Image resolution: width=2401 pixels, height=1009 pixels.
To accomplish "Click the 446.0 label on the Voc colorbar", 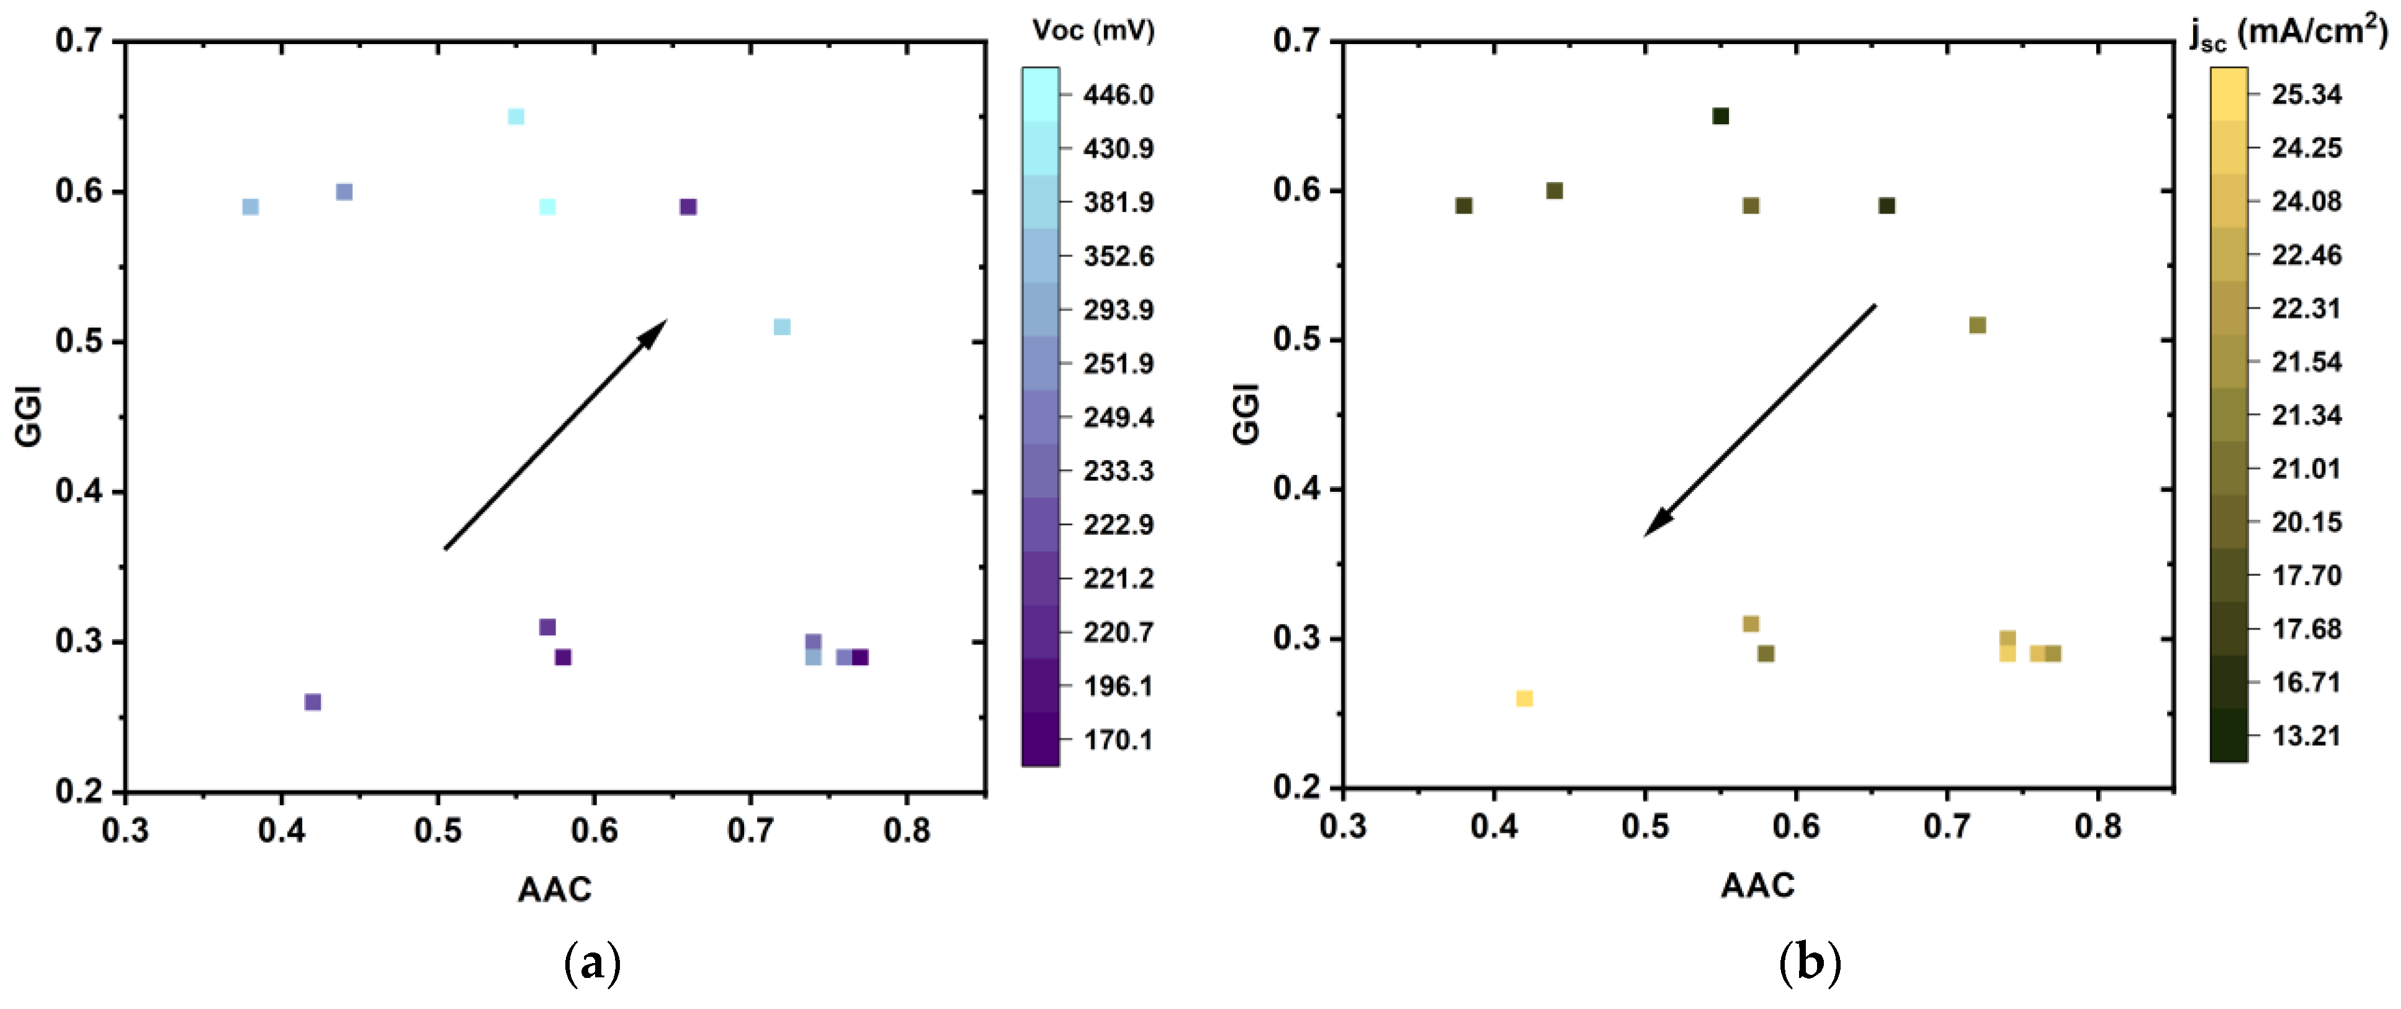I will point(1118,95).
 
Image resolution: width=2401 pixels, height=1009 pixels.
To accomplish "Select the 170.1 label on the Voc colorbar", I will point(1118,740).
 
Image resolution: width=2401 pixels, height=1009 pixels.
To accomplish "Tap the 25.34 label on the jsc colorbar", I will point(2306,94).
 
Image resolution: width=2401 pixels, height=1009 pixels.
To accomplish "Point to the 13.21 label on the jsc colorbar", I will point(2306,736).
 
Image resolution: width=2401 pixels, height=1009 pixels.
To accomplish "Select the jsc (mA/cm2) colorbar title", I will point(2288,33).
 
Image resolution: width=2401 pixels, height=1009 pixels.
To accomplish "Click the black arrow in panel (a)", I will point(555,435).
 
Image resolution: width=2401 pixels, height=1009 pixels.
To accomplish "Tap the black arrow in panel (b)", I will point(1760,420).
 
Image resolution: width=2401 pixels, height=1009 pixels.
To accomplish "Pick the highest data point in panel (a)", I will point(516,117).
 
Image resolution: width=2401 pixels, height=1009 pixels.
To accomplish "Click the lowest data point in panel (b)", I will point(1524,699).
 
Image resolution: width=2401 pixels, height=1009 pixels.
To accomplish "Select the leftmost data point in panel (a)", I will point(251,207).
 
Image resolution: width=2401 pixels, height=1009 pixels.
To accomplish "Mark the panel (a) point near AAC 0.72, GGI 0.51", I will point(782,327).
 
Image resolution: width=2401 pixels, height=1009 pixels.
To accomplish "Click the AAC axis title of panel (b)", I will point(1757,885).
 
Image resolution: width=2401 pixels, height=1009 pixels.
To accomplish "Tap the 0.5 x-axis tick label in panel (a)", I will point(437,829).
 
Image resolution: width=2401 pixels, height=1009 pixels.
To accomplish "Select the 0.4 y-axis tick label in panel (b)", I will point(1296,489).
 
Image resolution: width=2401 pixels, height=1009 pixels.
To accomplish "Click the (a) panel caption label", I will point(593,963).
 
